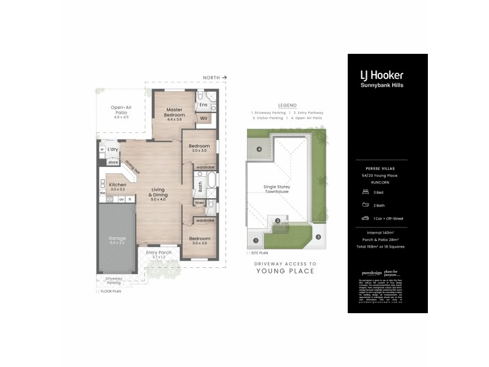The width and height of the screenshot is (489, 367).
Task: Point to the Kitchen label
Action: pos(117,185)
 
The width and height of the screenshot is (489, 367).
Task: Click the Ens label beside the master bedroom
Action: pos(204,105)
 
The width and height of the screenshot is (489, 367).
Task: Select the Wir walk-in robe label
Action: pos(204,117)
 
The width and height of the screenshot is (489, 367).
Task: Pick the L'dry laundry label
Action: pos(112,149)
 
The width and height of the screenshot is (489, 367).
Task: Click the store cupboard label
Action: pos(112,162)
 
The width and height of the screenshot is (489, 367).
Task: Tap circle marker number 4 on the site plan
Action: pos(259,149)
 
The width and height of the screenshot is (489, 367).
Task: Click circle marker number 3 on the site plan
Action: pos(318,237)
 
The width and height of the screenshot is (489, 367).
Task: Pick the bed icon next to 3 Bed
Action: pos(366,191)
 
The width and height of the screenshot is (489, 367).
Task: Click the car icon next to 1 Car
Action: pos(366,218)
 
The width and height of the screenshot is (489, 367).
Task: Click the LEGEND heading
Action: pos(287,105)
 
